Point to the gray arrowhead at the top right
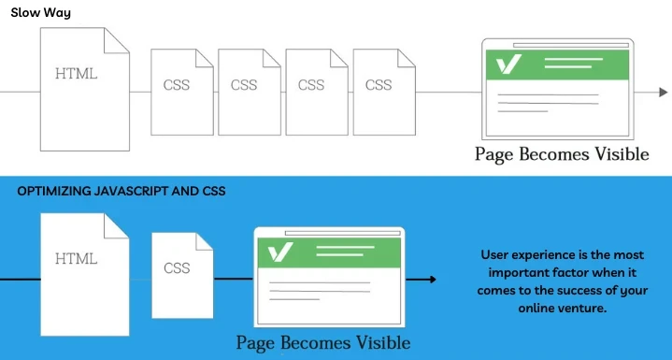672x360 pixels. [663, 92]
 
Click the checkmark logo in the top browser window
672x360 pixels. [510, 64]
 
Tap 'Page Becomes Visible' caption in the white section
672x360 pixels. [561, 154]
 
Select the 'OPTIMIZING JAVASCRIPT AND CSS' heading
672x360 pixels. [122, 191]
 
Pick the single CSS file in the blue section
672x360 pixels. [178, 273]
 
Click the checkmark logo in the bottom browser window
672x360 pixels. [280, 252]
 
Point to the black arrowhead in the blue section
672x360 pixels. [431, 279]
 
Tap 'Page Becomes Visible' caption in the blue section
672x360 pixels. [322, 342]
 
